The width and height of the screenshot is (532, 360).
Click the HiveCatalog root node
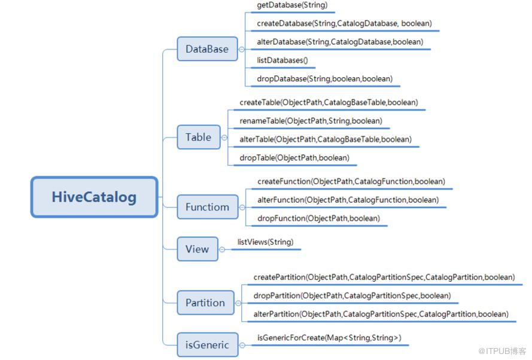point(94,197)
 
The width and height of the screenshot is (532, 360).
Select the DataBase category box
point(206,49)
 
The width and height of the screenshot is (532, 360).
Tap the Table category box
point(198,137)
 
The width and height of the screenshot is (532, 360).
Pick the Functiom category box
point(207,207)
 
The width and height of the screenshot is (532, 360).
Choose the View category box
point(197,249)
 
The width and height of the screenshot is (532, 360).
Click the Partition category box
point(205,303)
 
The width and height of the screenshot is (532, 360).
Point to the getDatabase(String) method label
point(292,5)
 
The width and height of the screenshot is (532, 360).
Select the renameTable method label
point(311,121)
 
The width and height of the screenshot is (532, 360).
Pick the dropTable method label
point(294,158)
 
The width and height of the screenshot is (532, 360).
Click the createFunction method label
point(351,181)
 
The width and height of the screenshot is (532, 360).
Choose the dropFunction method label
point(318,218)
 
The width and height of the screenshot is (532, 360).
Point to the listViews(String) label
point(265,242)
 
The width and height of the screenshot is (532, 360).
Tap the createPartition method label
point(384,277)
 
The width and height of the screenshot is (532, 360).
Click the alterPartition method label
point(381,314)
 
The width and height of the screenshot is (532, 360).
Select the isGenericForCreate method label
point(329,338)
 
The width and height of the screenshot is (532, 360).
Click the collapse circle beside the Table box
point(224,138)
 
